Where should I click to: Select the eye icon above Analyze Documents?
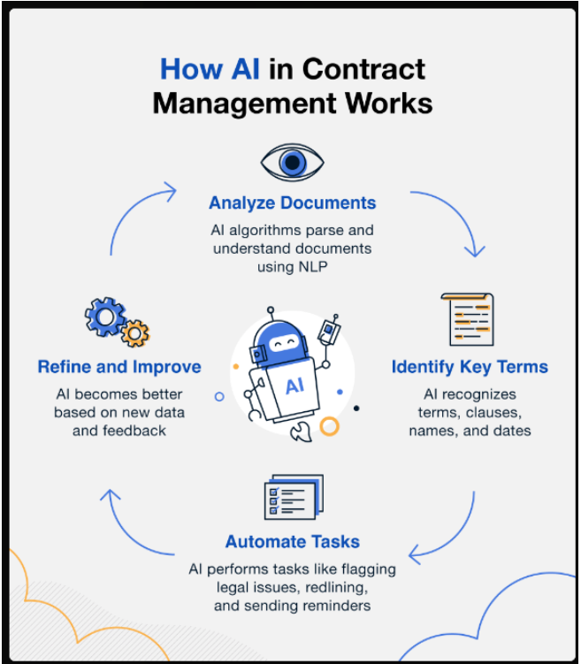(292, 163)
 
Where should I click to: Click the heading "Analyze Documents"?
(292, 203)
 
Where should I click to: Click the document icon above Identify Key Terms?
(467, 319)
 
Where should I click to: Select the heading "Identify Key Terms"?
(470, 367)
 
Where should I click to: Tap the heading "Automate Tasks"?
(292, 542)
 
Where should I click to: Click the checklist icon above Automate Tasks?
(293, 498)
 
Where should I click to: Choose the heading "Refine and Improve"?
(119, 367)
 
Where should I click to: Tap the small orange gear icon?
(135, 333)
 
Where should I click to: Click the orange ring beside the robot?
(329, 427)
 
